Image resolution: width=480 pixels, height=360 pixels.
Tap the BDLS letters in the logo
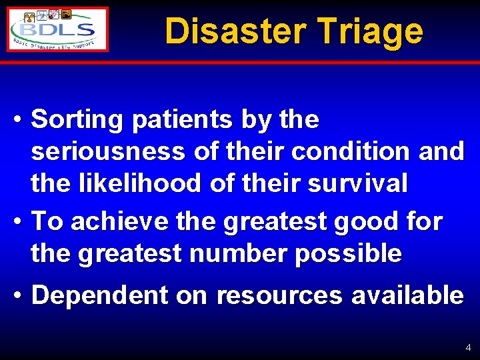pos(59,30)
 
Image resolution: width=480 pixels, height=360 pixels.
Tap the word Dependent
pos(100,295)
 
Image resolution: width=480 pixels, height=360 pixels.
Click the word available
pos(407,295)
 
